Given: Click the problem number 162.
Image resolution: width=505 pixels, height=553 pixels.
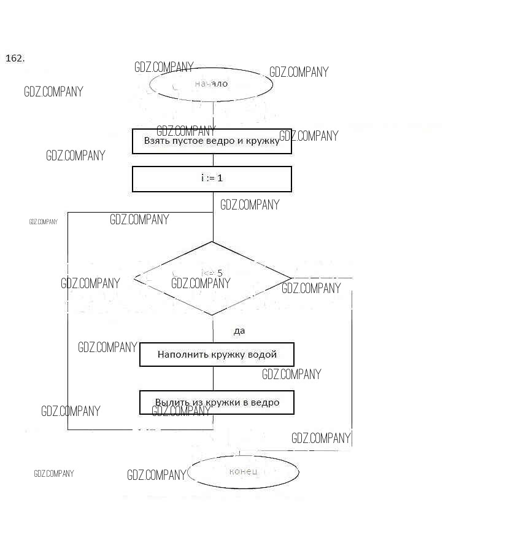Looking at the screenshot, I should coord(15,58).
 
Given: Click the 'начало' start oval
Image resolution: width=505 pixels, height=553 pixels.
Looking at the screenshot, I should coord(211,84).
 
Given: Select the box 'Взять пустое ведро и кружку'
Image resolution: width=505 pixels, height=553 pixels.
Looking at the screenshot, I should coord(212,141).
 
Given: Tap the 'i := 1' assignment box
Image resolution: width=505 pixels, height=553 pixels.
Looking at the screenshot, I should coord(212,179).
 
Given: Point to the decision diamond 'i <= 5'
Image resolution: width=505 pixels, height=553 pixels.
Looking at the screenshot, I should coord(212,278).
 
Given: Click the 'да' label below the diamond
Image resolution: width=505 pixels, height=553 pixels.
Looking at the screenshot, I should coord(239,331).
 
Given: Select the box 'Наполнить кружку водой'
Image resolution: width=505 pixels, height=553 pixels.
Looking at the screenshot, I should coord(217,355).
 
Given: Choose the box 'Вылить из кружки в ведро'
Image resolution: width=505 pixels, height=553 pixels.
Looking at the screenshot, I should coord(217,402).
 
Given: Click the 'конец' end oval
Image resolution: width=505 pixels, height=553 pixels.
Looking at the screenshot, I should coord(243,472).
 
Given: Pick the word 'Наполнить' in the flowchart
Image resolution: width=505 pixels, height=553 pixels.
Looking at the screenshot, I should coord(179,355).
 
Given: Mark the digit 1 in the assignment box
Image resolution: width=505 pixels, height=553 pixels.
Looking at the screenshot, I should coord(220,178).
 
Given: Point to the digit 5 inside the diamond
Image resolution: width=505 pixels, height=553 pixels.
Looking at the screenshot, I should coord(220,273).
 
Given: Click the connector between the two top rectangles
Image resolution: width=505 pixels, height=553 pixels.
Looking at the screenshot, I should coord(212,160).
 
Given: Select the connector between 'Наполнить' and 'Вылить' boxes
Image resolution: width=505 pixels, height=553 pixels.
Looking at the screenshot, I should coord(213,378).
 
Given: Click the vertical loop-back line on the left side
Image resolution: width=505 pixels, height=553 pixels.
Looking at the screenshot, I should coord(67,320).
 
